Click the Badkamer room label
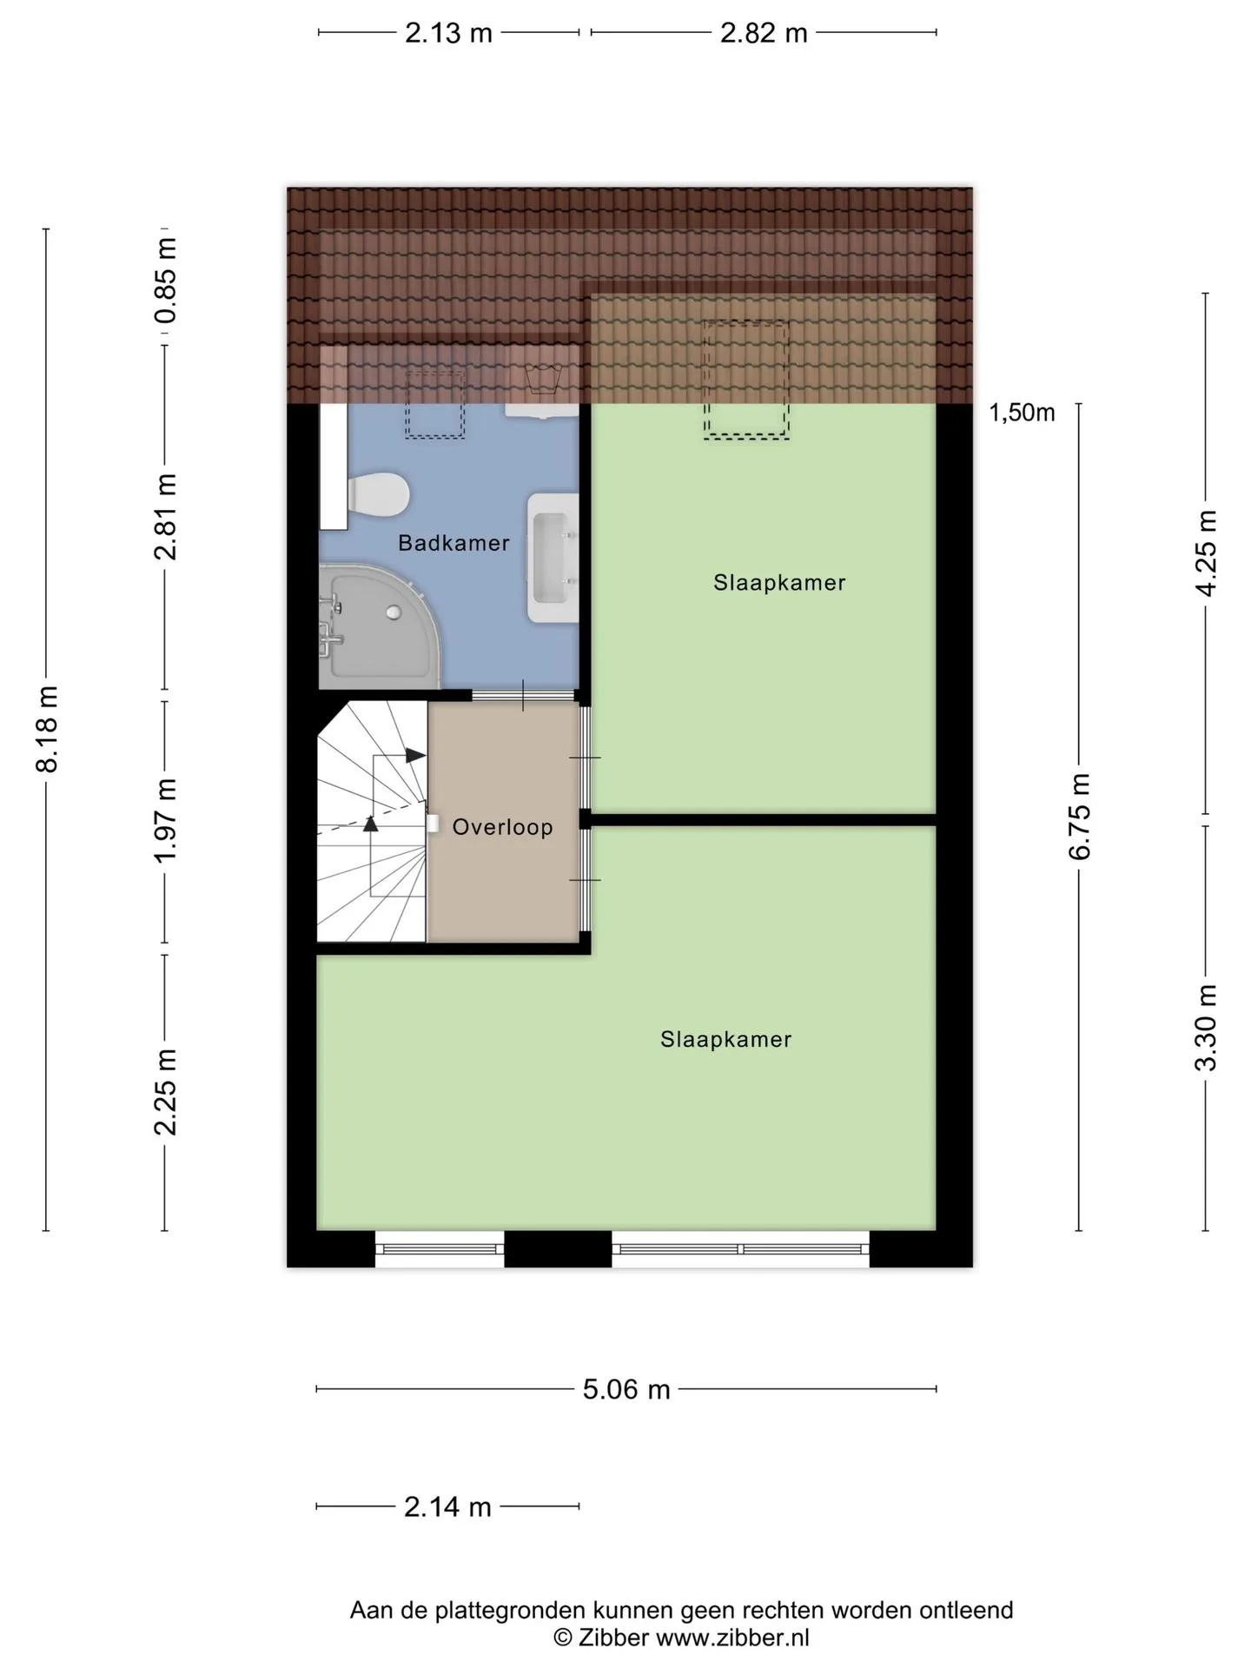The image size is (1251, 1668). (453, 543)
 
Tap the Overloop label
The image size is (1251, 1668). (502, 826)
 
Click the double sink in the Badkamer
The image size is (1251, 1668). (553, 557)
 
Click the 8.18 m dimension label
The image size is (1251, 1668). (46, 729)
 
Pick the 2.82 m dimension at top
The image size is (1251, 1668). (764, 33)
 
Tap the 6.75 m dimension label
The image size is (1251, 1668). (1079, 816)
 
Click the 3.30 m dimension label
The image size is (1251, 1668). (1206, 1028)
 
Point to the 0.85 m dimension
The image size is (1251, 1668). (165, 281)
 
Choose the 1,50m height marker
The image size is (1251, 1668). (1022, 413)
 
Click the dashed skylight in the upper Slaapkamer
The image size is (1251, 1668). (746, 380)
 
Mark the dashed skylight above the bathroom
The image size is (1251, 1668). (435, 403)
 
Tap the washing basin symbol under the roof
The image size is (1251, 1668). (543, 379)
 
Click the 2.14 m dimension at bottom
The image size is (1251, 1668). (447, 1506)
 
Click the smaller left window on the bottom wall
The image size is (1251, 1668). (440, 1249)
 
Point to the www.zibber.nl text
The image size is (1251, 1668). (732, 1638)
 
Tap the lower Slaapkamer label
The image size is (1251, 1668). (725, 1039)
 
